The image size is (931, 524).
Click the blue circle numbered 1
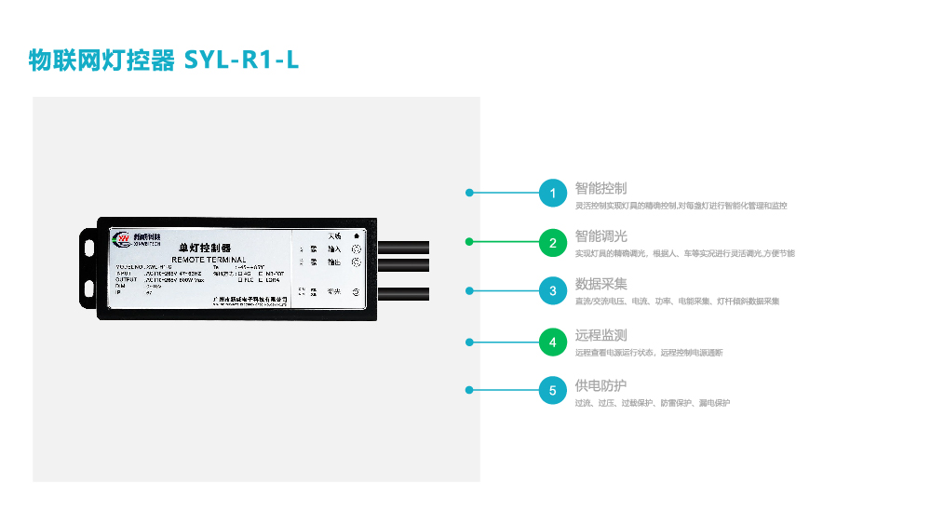click(552, 193)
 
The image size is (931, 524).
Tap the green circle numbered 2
click(552, 242)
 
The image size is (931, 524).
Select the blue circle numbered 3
click(552, 291)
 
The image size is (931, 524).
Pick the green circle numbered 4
click(552, 342)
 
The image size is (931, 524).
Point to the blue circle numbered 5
click(552, 391)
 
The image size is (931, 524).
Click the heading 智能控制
click(600, 188)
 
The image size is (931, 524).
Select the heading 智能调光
click(600, 236)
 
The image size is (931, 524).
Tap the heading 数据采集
click(600, 285)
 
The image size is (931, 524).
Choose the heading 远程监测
click(600, 335)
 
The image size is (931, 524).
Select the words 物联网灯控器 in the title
click(101, 60)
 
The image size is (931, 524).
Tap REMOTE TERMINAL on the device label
click(209, 259)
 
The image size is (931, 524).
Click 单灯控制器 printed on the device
click(203, 249)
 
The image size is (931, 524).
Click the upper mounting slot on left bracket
click(89, 248)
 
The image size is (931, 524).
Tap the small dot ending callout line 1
click(470, 193)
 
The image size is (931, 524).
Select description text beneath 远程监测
click(649, 353)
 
